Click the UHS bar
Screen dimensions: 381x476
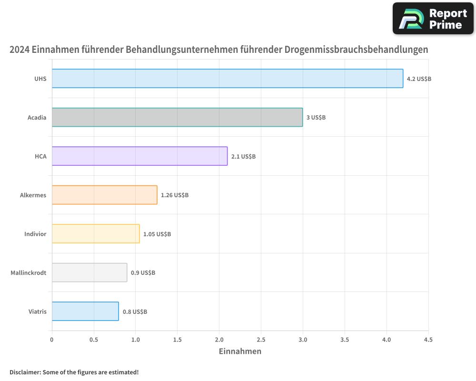[x=228, y=79]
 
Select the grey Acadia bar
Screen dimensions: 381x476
[x=177, y=117]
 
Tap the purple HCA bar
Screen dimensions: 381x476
[x=139, y=156]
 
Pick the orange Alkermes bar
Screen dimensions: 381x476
[x=104, y=195]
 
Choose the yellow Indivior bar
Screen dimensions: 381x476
[x=96, y=234]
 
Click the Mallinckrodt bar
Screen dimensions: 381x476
[x=89, y=272]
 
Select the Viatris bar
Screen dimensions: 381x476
[x=85, y=311]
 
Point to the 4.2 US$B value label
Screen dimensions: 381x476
[x=419, y=79]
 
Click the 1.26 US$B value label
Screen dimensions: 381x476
[x=175, y=195]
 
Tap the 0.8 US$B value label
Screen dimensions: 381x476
[x=135, y=312]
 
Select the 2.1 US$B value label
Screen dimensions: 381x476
[x=243, y=156]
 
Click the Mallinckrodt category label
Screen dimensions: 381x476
[x=29, y=273]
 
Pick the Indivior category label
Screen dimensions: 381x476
[x=35, y=234]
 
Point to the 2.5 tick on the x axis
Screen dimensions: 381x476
[x=261, y=340]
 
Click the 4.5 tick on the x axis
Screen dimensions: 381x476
[x=428, y=340]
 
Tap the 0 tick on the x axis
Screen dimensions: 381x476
[x=52, y=340]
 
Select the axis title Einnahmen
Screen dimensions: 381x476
[x=240, y=351]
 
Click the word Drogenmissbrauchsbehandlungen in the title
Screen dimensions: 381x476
[x=356, y=50]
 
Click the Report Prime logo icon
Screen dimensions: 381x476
[x=410, y=19]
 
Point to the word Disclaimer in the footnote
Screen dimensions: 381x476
[x=25, y=372]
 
